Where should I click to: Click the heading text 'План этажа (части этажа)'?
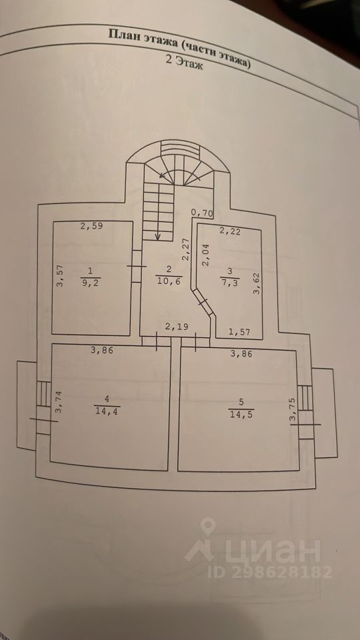click(x=179, y=48)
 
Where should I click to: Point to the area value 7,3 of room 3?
click(x=230, y=281)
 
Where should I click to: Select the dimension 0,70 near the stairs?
click(x=202, y=212)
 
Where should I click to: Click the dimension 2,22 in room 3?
click(x=230, y=231)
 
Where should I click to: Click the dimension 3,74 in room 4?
click(x=58, y=403)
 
